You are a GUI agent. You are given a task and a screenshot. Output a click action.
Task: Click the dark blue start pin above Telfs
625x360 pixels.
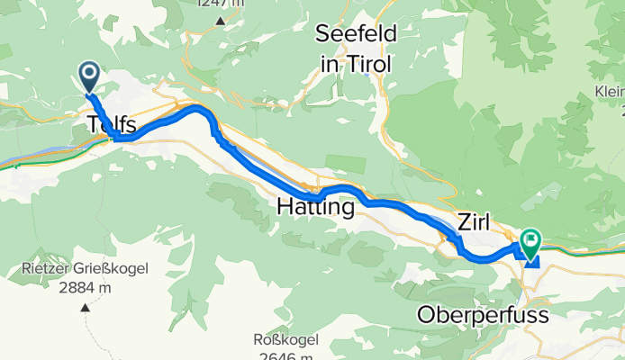[90, 76]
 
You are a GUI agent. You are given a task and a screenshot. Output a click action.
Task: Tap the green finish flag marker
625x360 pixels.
[529, 240]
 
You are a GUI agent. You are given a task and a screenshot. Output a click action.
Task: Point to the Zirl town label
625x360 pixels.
[477, 221]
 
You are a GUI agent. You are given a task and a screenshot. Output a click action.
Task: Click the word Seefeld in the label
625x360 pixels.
[356, 35]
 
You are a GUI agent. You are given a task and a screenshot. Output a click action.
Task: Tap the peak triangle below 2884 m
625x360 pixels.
[86, 307]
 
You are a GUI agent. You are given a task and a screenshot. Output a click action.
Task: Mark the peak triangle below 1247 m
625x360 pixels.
[220, 19]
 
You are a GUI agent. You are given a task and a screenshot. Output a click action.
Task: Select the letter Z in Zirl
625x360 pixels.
[464, 221]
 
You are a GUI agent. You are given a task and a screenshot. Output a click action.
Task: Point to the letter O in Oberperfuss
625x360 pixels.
[426, 315]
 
